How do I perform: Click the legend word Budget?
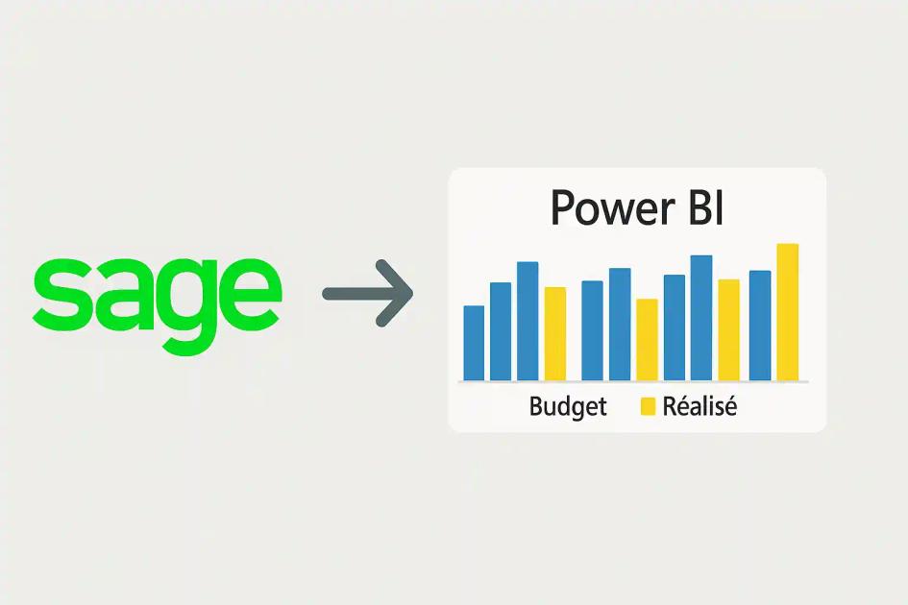pyautogui.click(x=568, y=407)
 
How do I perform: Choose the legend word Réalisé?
pyautogui.click(x=699, y=406)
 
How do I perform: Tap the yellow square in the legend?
pyautogui.click(x=648, y=407)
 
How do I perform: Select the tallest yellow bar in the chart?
pyautogui.click(x=787, y=312)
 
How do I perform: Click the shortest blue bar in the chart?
pyautogui.click(x=474, y=343)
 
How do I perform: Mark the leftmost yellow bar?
pyautogui.click(x=554, y=333)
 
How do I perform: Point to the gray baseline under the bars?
pyautogui.click(x=634, y=382)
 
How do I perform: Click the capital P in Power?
pyautogui.click(x=564, y=208)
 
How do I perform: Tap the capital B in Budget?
pyautogui.click(x=535, y=406)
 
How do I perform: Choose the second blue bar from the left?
pyautogui.click(x=501, y=331)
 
